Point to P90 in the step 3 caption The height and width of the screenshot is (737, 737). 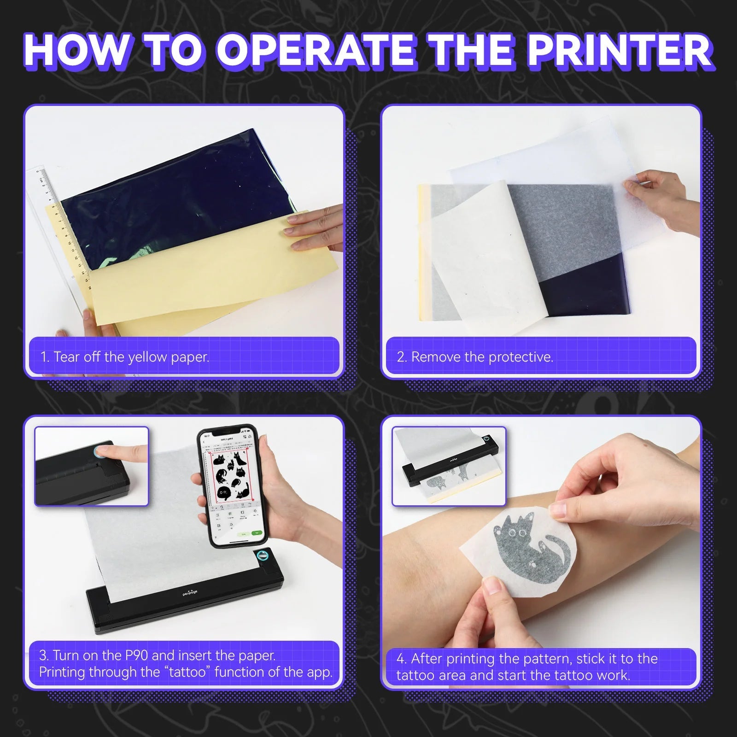coord(136,655)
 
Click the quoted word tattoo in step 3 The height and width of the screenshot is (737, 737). coord(187,672)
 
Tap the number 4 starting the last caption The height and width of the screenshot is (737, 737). coord(401,659)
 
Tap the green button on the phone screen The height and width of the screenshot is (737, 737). coord(257,533)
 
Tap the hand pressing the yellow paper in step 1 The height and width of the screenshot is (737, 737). coord(318,230)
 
